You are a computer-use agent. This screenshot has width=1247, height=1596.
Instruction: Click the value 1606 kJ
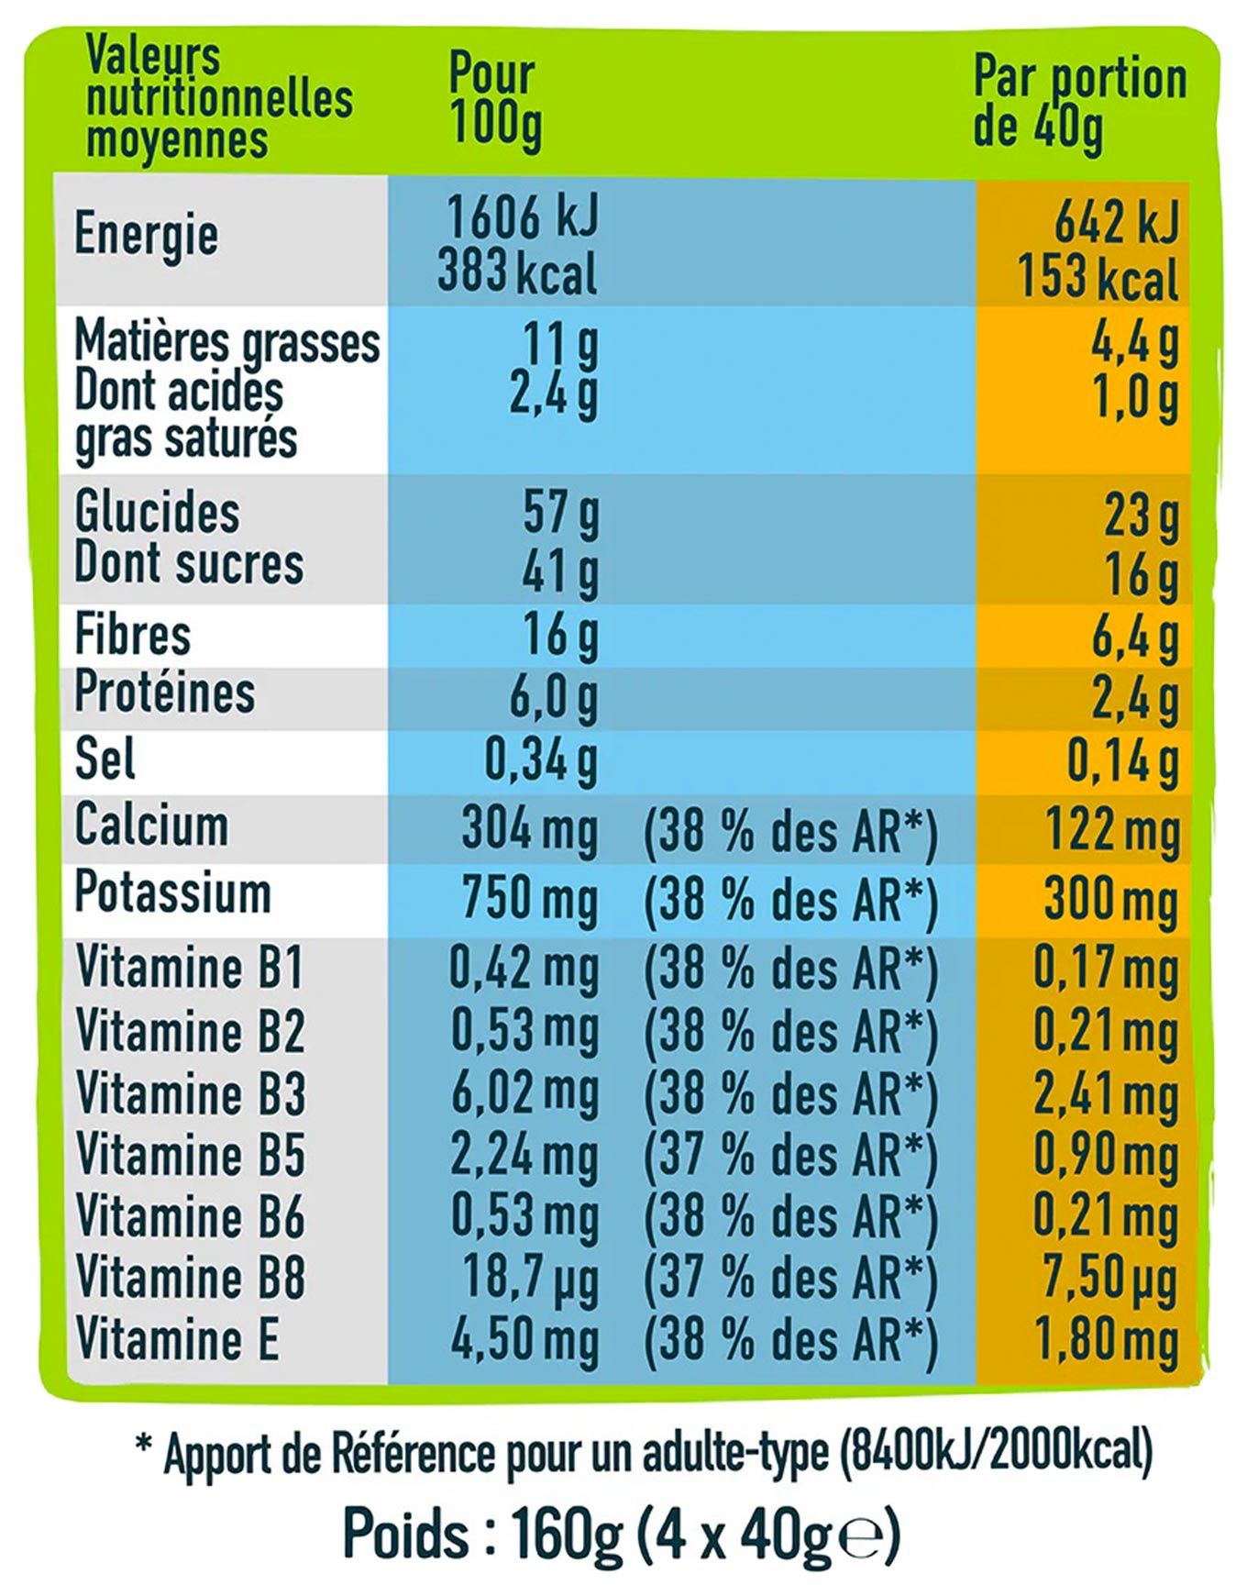[522, 217]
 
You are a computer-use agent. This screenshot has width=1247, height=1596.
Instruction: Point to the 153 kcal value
[1098, 277]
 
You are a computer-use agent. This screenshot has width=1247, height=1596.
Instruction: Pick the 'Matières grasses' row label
[226, 342]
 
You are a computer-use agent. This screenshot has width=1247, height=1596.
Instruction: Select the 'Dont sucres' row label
[189, 563]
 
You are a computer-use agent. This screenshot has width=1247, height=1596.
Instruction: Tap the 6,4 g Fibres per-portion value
[1133, 637]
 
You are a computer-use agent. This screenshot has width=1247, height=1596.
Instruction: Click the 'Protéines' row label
[165, 692]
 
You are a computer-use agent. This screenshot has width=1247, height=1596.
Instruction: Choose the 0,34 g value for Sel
[540, 759]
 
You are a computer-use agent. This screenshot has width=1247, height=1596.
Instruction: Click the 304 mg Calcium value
[529, 828]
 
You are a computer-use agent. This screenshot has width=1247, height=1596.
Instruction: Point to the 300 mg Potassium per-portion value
[1110, 901]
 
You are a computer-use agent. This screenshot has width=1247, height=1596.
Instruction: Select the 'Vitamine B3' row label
[190, 1093]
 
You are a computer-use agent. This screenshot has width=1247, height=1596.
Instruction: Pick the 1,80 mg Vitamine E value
[1106, 1341]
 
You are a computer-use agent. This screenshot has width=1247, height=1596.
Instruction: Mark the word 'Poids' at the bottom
[404, 1533]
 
